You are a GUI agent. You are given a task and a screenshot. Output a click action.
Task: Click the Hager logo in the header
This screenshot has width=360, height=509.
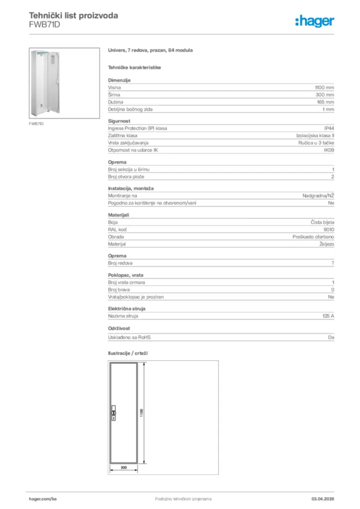pyautogui.click(x=314, y=20)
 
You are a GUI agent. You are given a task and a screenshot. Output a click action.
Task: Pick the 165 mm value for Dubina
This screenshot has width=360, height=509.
pyautogui.click(x=326, y=102)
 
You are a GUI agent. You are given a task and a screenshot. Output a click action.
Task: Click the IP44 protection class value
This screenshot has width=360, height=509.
pyautogui.click(x=329, y=128)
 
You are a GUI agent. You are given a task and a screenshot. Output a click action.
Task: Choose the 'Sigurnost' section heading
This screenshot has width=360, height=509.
pyautogui.click(x=119, y=121)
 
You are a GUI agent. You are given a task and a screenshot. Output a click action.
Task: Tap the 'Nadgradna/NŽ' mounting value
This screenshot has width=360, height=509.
pyautogui.click(x=318, y=196)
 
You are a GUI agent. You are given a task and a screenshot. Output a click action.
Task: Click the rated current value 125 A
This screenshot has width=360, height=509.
pyautogui.click(x=328, y=316)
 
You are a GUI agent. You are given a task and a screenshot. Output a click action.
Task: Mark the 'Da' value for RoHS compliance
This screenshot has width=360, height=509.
pyautogui.click(x=331, y=338)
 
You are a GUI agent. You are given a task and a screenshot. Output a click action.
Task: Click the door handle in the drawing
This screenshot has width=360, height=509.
pyautogui.click(x=113, y=414)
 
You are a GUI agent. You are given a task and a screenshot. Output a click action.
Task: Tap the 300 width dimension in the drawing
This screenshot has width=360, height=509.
pyautogui.click(x=124, y=468)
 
